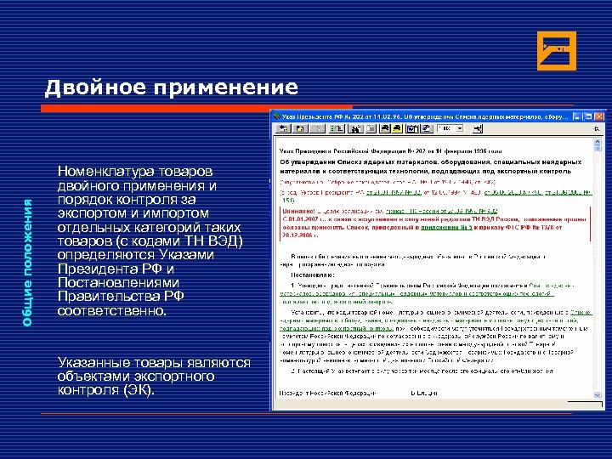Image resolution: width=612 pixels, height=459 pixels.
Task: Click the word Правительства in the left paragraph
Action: click(106, 297)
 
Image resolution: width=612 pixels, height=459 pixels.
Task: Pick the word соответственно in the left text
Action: click(112, 311)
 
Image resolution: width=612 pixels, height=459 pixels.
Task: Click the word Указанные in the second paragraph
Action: click(95, 363)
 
